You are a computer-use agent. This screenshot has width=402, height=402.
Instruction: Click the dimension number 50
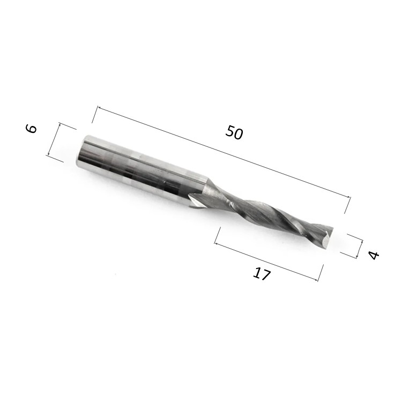[x=234, y=132]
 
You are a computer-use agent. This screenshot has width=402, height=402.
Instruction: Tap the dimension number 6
[x=31, y=129]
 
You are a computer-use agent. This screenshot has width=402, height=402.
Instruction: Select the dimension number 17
[x=261, y=273]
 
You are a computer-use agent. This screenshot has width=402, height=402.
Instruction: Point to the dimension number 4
[x=373, y=255]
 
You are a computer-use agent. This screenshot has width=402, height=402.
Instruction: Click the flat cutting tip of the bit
[x=327, y=237]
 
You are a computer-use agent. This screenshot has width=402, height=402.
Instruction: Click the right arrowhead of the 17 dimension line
[x=316, y=279]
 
